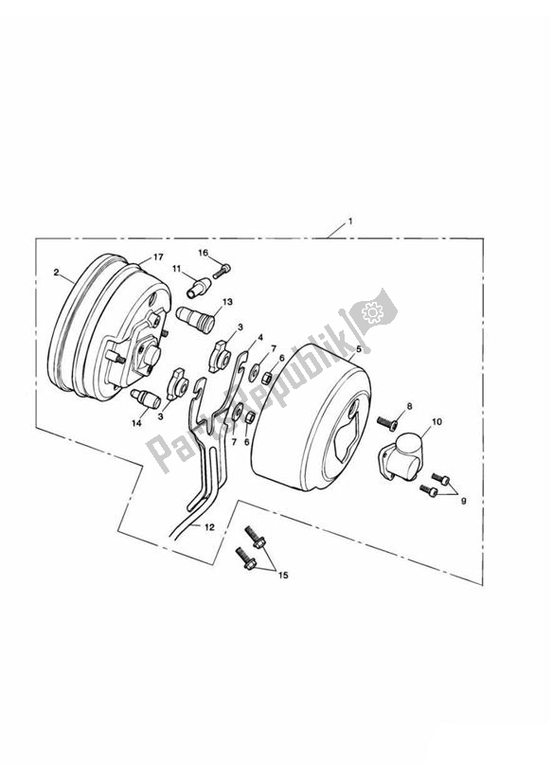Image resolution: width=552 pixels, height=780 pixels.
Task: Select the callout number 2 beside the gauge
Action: pyautogui.click(x=57, y=273)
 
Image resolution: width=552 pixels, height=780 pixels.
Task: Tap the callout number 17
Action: pyautogui.click(x=158, y=257)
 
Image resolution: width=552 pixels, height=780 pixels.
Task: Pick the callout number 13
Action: pyautogui.click(x=225, y=302)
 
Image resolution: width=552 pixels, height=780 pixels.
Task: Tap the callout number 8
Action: pyautogui.click(x=409, y=407)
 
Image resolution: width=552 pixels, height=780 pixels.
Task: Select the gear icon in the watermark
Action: pyautogui.click(x=372, y=310)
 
